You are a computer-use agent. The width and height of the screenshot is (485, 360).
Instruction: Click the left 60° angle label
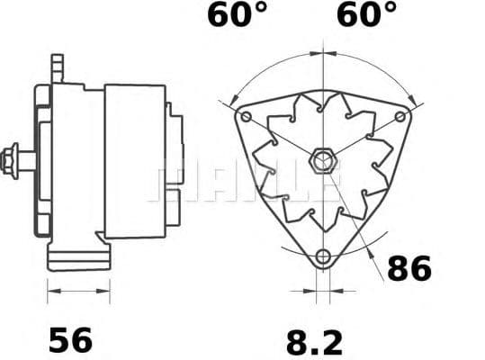click(x=237, y=16)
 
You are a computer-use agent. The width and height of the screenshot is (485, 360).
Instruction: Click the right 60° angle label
click(x=365, y=16)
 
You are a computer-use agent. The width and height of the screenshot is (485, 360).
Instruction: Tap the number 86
click(x=409, y=268)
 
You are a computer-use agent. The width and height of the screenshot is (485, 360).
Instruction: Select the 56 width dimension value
click(x=70, y=339)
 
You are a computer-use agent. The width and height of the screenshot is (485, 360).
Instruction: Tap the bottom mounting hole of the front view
click(x=321, y=258)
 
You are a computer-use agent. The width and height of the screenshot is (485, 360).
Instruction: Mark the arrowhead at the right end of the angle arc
click(x=411, y=99)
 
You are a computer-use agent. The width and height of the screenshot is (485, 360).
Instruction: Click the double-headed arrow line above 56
click(x=78, y=291)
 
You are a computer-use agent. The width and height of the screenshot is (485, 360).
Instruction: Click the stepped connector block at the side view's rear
click(x=175, y=162)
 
